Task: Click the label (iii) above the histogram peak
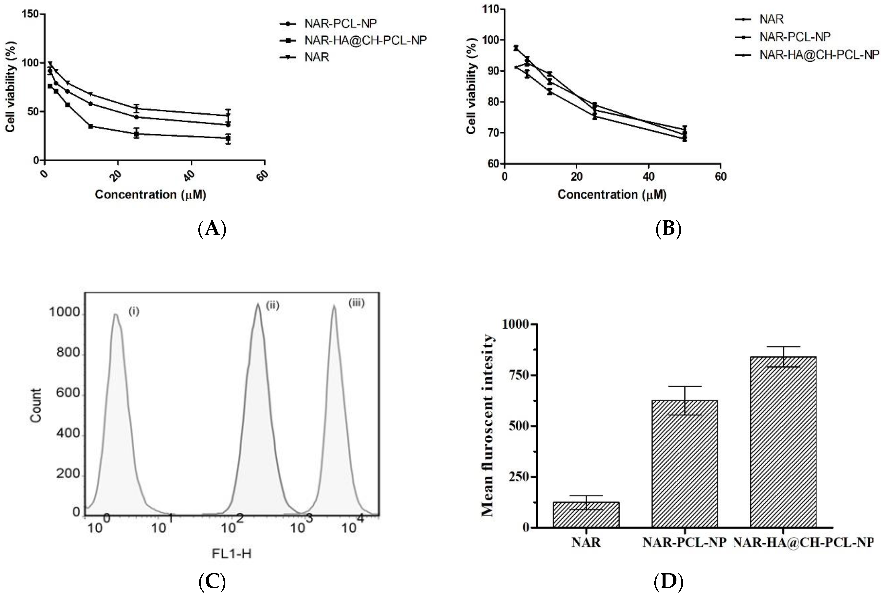tap(356, 303)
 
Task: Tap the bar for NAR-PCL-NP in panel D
tap(684, 464)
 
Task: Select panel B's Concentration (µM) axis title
tap(612, 195)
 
